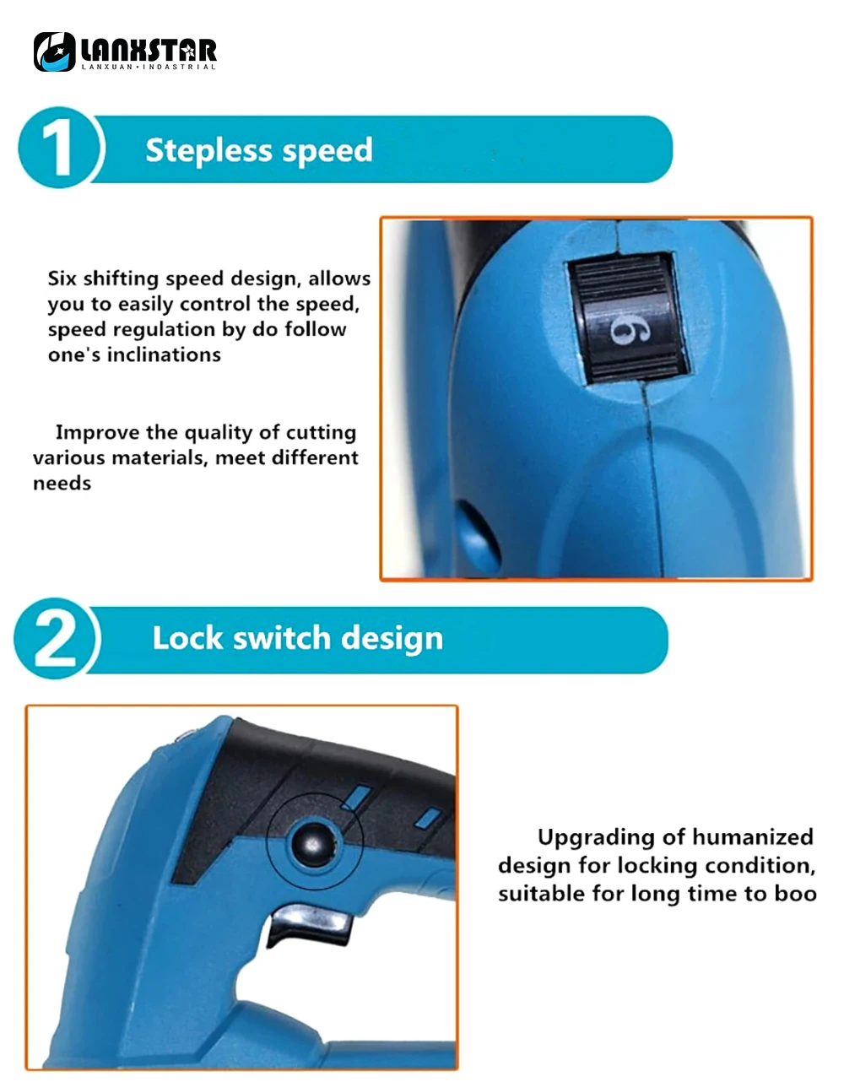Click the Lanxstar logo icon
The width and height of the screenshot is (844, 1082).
click(x=54, y=51)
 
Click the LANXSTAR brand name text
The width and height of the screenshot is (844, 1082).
click(x=149, y=51)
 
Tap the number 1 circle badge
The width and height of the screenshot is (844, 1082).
click(x=60, y=148)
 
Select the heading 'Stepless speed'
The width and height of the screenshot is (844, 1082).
click(x=259, y=150)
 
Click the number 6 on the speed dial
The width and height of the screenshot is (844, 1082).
click(x=629, y=330)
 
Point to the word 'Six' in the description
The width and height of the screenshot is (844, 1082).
click(x=62, y=279)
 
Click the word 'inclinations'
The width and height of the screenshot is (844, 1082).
click(x=164, y=355)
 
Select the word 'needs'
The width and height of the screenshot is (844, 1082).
click(x=62, y=484)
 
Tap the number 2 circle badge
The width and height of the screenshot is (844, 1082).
click(x=57, y=638)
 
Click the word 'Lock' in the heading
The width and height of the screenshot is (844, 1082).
click(x=187, y=638)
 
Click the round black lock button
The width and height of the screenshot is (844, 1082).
click(x=313, y=843)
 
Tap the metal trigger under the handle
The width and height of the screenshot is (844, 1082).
click(x=310, y=922)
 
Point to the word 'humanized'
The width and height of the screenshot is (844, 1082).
click(x=753, y=837)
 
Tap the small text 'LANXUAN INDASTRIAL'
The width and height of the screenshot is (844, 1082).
click(x=149, y=67)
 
